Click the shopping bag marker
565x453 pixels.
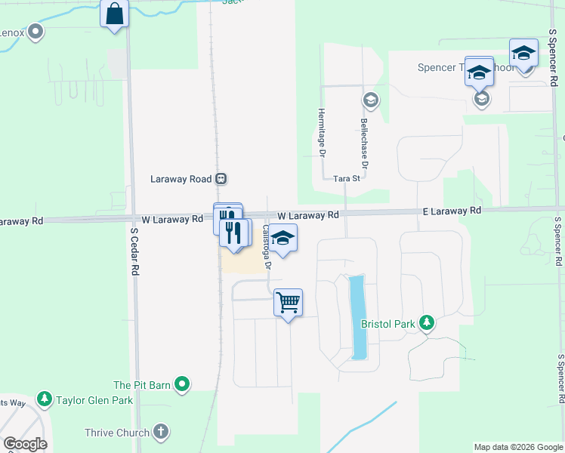114,14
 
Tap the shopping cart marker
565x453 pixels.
289,303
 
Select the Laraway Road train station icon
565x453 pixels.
221,179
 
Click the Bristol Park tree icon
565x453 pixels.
427,324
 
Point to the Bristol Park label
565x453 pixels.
388,325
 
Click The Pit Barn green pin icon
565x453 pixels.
182,385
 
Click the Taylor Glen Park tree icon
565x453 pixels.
45,399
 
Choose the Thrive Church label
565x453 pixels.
116,433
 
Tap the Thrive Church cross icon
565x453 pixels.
159,433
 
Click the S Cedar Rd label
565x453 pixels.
134,252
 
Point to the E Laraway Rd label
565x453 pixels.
450,211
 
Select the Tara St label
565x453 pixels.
347,178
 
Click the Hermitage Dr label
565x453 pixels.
320,131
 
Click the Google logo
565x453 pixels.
25,444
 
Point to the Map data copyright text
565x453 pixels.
517,447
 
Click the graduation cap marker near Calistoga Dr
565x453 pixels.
283,239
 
